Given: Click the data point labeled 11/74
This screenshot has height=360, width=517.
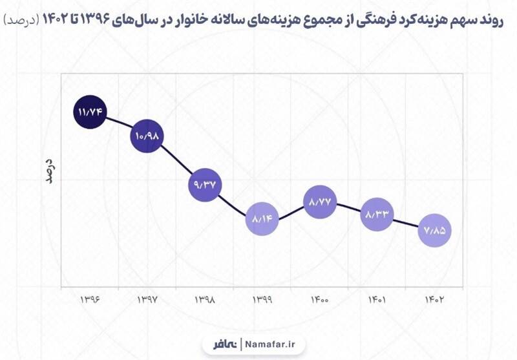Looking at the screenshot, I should pyautogui.click(x=91, y=112).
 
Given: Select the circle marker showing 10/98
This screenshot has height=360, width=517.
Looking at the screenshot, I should pyautogui.click(x=147, y=136).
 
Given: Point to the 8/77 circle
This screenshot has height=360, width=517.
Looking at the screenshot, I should pyautogui.click(x=321, y=202).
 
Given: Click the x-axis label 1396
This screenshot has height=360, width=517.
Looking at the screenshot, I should pyautogui.click(x=91, y=300).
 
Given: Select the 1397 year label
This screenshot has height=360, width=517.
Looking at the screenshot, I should pyautogui.click(x=148, y=300).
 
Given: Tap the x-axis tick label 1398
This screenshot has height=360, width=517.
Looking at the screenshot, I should pyautogui.click(x=206, y=300).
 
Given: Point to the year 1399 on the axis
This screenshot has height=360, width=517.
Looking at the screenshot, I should pyautogui.click(x=263, y=300).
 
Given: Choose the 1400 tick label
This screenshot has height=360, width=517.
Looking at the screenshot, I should pyautogui.click(x=321, y=300).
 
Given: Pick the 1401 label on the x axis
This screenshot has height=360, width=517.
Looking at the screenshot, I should pyautogui.click(x=377, y=300).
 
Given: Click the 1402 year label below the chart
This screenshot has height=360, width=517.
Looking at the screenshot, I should pyautogui.click(x=434, y=300).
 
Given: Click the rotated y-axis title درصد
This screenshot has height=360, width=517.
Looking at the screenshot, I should pyautogui.click(x=48, y=169).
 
